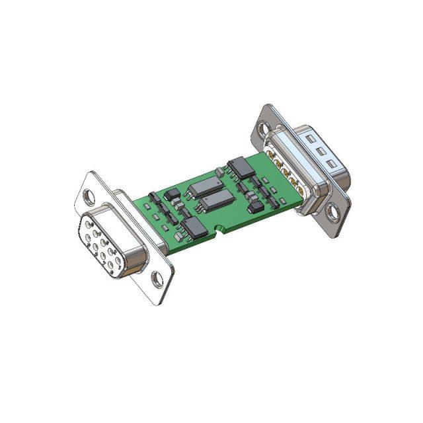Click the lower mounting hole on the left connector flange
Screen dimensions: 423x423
tap(157, 279)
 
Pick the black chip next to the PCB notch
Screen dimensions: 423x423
tap(194, 229)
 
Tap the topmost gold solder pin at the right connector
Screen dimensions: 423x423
tap(272, 156)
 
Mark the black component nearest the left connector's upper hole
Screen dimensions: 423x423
tap(153, 197)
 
